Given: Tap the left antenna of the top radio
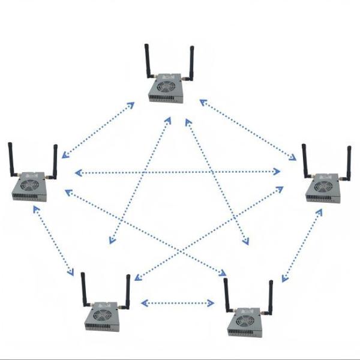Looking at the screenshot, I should click(x=147, y=60).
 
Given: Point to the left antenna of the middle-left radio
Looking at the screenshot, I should click(x=11, y=160).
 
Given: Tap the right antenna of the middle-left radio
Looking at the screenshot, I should click(x=55, y=162).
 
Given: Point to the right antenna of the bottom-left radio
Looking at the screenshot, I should click(x=127, y=292).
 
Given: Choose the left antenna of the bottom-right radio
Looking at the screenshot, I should click(x=226, y=294).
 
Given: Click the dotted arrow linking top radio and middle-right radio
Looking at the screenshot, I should click(x=248, y=130).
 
